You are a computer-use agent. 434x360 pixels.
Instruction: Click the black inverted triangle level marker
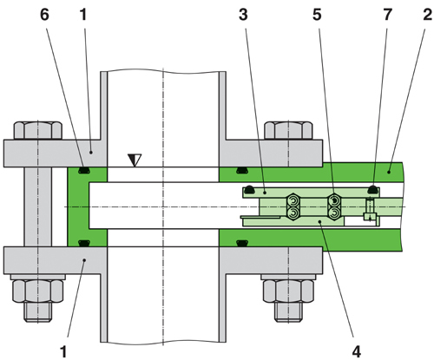click(134, 160)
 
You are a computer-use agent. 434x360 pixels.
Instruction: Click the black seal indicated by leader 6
click(84, 169)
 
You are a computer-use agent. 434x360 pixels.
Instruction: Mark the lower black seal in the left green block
click(84, 242)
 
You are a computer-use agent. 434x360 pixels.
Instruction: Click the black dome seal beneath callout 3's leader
click(247, 190)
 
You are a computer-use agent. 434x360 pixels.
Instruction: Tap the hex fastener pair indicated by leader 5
click(333, 205)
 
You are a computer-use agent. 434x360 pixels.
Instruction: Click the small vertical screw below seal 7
click(370, 209)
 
